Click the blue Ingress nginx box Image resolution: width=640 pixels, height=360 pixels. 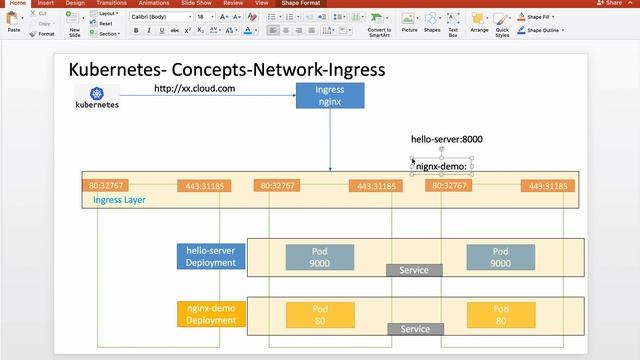(330, 96)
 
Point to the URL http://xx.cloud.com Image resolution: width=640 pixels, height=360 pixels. (194, 89)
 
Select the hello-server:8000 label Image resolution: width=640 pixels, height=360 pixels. (448, 139)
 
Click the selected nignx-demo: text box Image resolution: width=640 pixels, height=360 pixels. (442, 165)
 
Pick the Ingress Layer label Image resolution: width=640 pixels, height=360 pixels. (121, 200)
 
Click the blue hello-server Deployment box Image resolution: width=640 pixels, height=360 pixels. (211, 257)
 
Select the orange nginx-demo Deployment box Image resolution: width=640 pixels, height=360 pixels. (211, 315)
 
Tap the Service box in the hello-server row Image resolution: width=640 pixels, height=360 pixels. (414, 271)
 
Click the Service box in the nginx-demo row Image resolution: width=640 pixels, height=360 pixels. (414, 329)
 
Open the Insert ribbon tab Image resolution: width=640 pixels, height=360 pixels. (47, 3)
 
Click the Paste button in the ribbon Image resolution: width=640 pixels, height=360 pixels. (14, 23)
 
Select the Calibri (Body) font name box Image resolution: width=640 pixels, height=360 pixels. (161, 17)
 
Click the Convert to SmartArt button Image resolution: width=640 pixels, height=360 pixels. (379, 24)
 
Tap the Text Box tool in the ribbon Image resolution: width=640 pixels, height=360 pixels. (453, 23)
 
